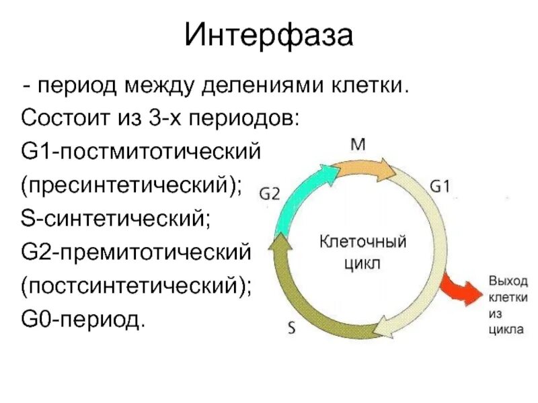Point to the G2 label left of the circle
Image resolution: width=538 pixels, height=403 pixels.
point(269,193)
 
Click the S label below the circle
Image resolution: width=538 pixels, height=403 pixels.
point(291,328)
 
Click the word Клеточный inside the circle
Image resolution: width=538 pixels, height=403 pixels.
point(362,240)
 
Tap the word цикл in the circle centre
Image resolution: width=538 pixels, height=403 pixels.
point(362,263)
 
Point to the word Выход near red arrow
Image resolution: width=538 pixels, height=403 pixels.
point(508,279)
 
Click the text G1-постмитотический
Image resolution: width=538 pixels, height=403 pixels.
point(140,152)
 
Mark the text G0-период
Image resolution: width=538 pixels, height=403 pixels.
point(83,320)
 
